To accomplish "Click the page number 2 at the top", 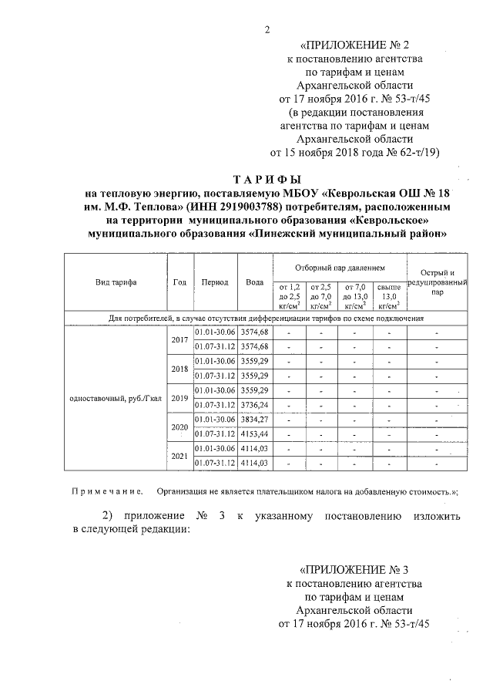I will pos(267,30).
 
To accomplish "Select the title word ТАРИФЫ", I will pos(266,180).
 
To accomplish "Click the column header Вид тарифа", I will pos(116,282).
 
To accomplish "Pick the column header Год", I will pos(180,282).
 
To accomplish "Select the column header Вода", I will pos(254,282).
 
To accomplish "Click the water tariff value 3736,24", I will pos(254,404).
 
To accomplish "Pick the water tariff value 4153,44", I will pos(254,433).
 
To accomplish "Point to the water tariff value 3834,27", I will pos(254,419).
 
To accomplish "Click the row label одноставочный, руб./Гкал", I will pos(116,397).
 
